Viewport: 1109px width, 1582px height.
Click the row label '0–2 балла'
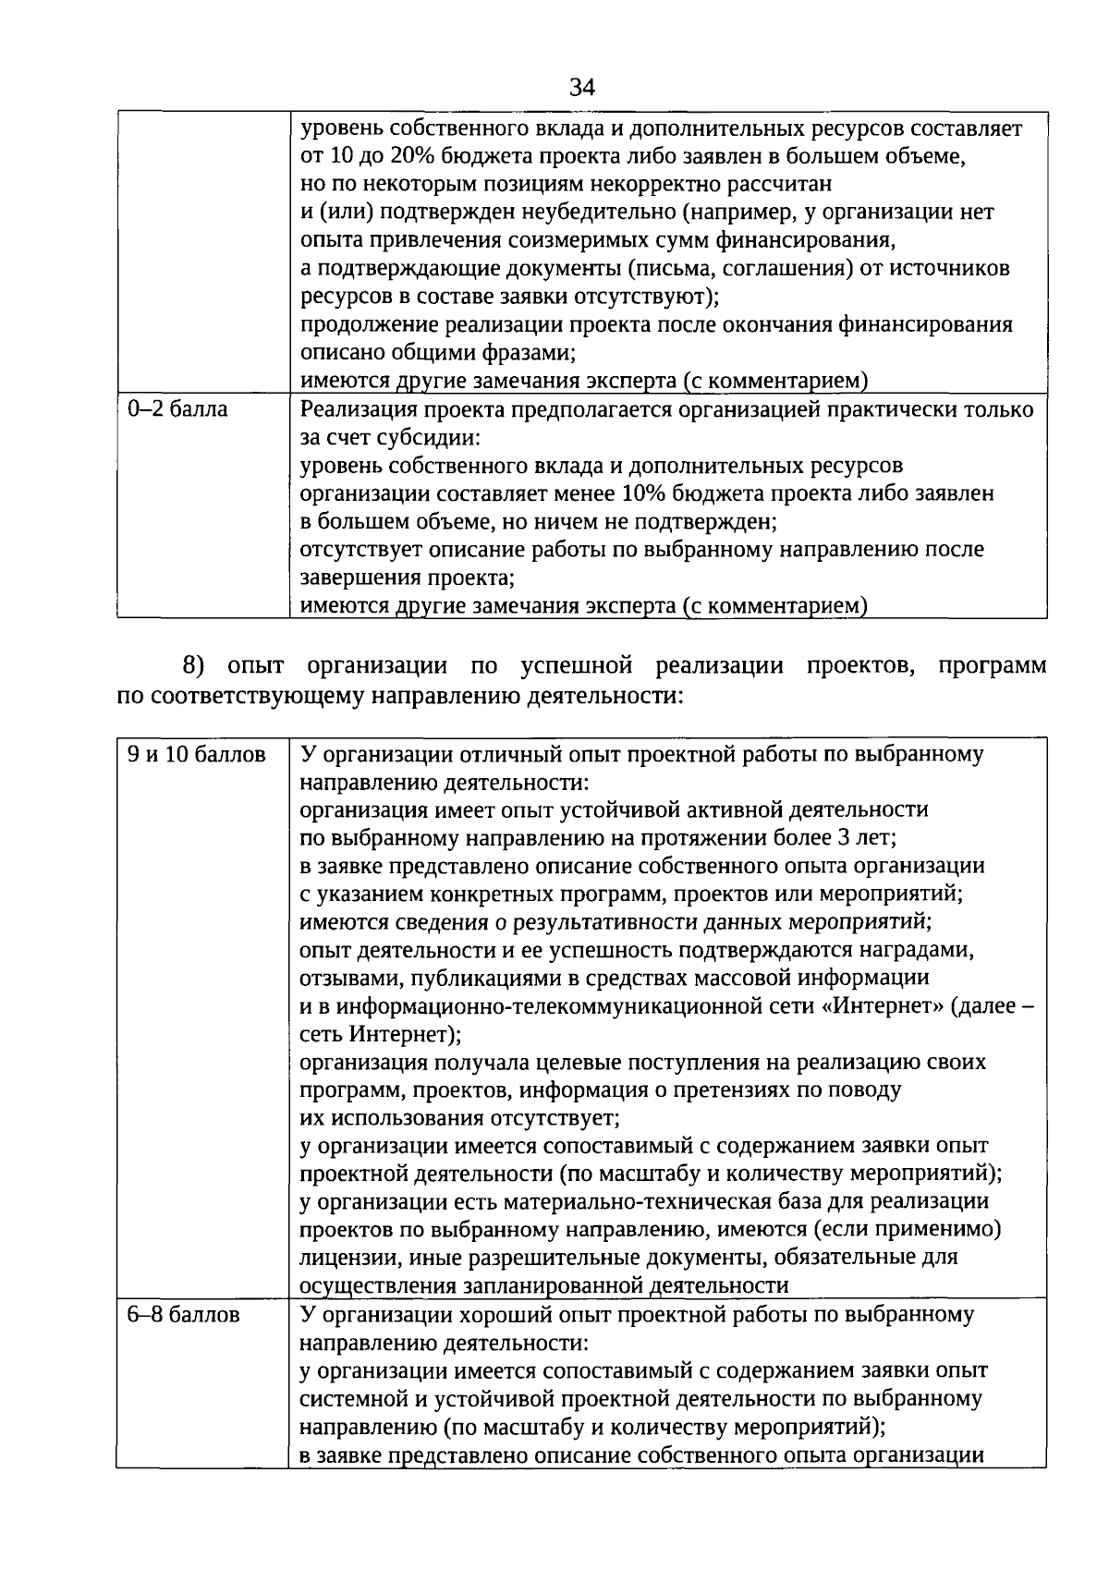point(177,409)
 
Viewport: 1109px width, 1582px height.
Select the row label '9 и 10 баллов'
point(197,755)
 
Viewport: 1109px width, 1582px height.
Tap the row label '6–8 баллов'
point(184,1315)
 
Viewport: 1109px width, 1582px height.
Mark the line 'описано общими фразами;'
point(439,353)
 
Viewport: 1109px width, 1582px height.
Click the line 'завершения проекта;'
point(408,578)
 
